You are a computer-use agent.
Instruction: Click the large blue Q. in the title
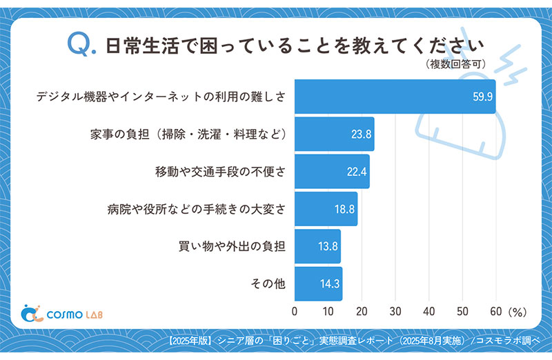80,45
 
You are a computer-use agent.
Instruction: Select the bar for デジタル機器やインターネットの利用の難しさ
395,97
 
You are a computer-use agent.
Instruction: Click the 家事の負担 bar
335,134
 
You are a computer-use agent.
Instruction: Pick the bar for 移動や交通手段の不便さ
332,172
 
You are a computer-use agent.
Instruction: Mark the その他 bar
319,283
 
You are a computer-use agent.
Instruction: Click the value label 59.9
481,97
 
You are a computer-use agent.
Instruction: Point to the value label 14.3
328,283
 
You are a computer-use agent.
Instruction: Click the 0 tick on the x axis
295,312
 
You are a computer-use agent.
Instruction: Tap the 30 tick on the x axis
395,312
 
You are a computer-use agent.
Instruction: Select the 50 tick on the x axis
462,312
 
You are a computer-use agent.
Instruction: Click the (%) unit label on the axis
517,312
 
